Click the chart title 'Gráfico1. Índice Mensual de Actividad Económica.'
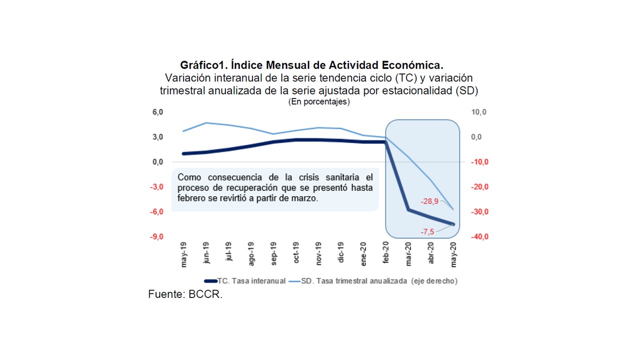[312, 65]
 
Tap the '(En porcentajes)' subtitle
[319, 101]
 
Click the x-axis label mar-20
[409, 255]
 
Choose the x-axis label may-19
[184, 255]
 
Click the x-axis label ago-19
[252, 255]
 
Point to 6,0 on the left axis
[158, 112]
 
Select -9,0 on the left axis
[157, 237]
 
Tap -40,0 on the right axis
[479, 237]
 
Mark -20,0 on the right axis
[479, 187]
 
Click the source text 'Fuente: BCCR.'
[185, 294]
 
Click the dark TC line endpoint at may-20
[453, 224]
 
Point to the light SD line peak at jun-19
[206, 122]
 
